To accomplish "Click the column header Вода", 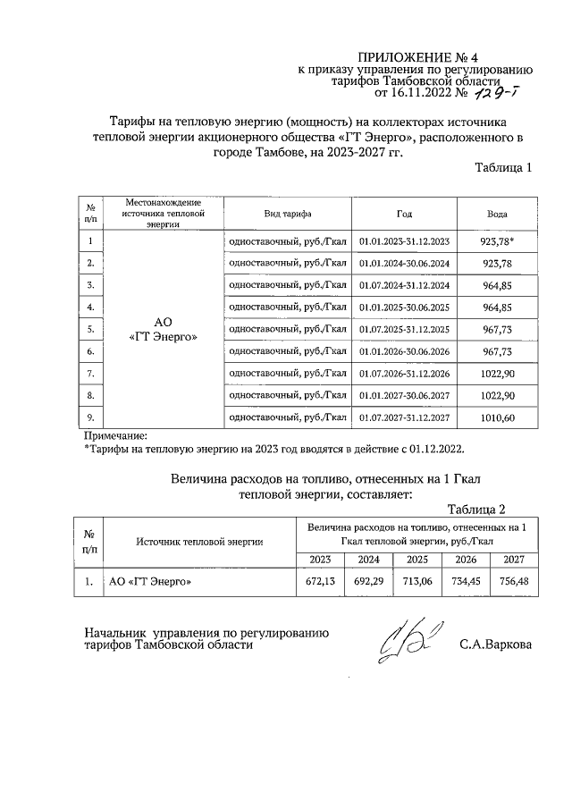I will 497,215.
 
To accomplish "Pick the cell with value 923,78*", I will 498,241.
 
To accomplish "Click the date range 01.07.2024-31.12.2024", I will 404,285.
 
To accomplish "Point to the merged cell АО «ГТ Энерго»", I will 163,329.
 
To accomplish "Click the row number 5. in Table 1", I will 90,329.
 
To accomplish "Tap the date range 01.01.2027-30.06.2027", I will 404,394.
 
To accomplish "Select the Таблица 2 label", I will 476,510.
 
